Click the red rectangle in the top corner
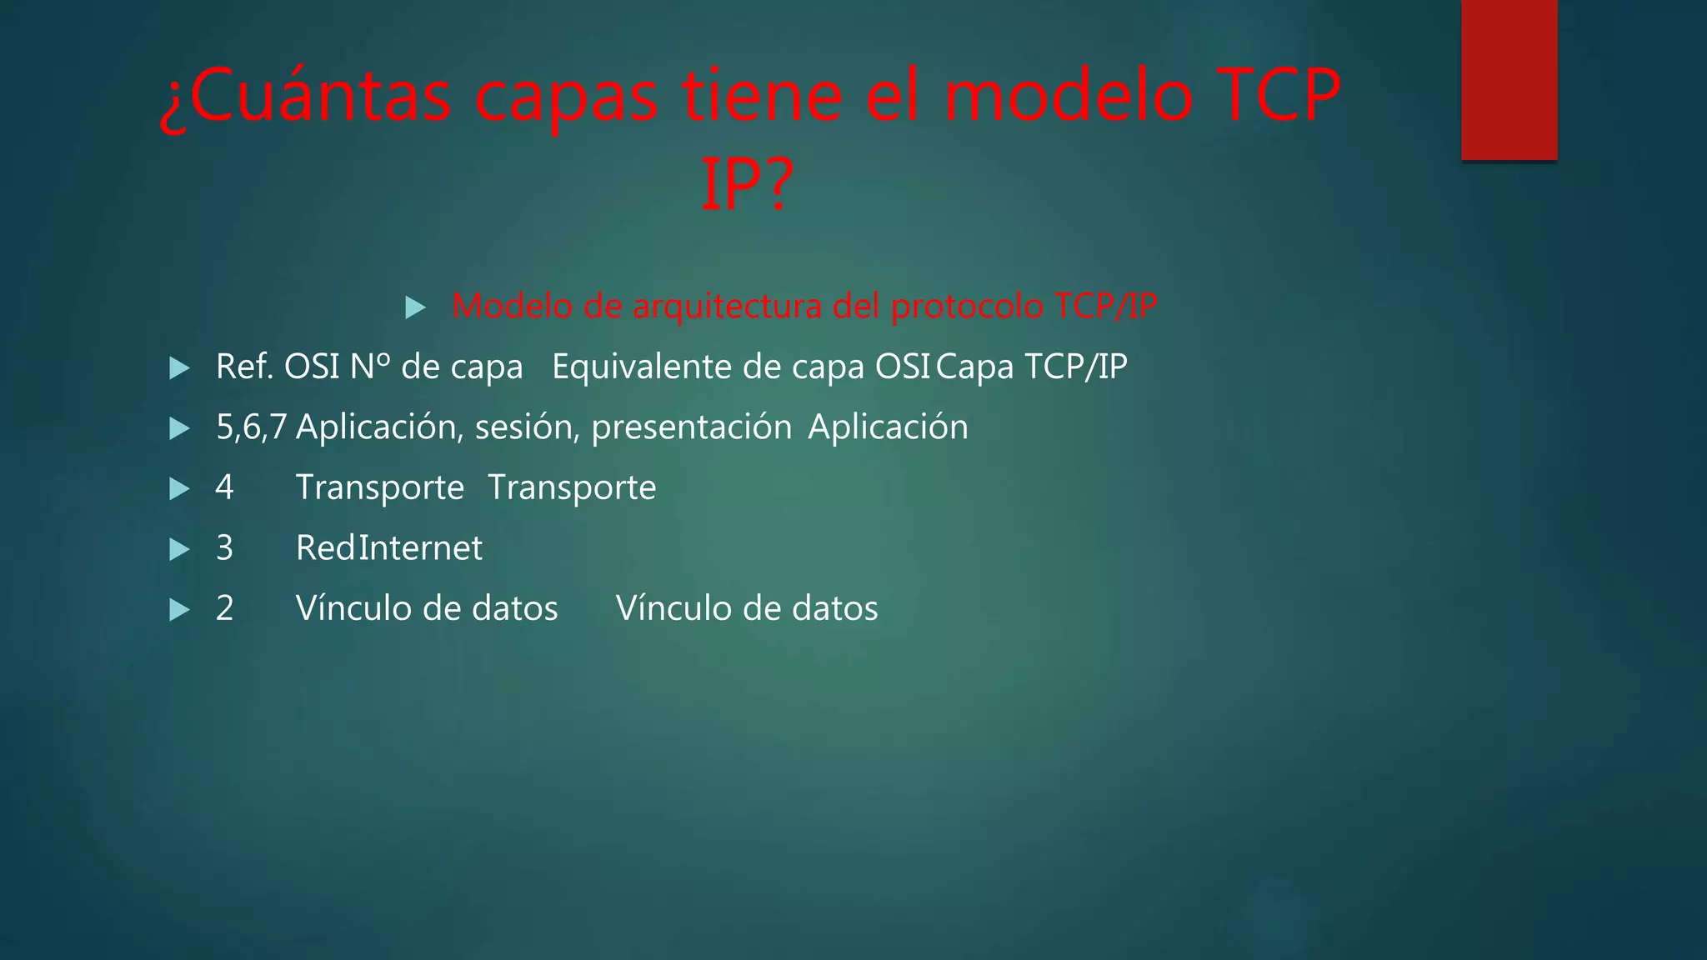1509,80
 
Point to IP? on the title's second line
746,185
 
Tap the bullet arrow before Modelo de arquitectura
415,307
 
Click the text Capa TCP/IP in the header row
1032,367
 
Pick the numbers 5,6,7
251,427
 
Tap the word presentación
691,427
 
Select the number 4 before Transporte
224,487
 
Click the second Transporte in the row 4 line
572,487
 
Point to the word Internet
421,548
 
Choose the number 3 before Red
224,548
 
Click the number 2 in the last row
224,608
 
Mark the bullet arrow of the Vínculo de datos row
179,610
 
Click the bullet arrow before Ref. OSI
179,368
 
